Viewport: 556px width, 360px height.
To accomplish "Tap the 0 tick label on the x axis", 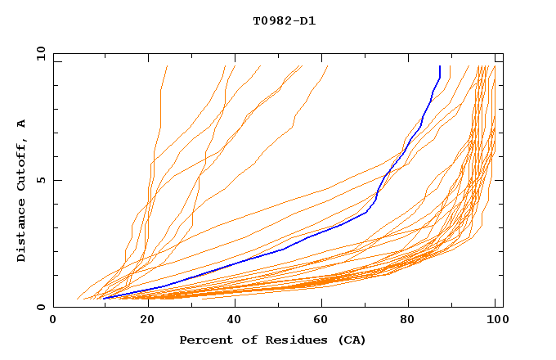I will (53, 320).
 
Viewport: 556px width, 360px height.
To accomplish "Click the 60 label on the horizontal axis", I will (325, 320).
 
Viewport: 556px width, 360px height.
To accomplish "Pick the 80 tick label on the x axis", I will (414, 320).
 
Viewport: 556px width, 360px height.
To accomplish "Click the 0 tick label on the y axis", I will (40, 307).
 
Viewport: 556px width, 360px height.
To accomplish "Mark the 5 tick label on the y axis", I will (40, 180).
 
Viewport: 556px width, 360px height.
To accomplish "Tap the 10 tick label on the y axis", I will (38, 53).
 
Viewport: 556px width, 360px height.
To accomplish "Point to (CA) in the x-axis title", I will (351, 340).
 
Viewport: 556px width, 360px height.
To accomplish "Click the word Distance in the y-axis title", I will (21, 229).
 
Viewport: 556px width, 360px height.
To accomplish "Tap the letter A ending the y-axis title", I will (21, 123).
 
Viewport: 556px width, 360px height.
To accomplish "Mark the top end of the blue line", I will (440, 66).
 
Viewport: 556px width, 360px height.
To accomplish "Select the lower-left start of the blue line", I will (104, 299).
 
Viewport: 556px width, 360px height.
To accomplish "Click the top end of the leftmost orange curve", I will (167, 66).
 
